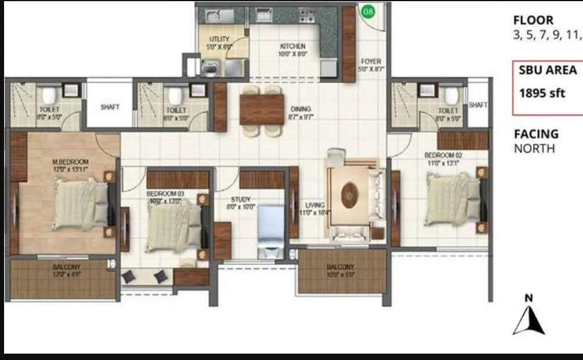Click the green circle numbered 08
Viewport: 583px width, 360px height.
[x=368, y=11]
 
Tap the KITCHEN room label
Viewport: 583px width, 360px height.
[x=292, y=46]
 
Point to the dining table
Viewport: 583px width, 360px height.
[x=262, y=109]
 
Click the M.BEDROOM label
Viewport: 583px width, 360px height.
[x=70, y=161]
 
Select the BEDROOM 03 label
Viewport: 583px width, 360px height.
[x=164, y=193]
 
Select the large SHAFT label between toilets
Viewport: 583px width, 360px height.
[x=110, y=107]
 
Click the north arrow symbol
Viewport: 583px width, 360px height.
[x=528, y=318]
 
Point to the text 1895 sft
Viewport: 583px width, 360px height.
[x=541, y=93]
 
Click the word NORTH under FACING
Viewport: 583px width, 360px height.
[x=534, y=149]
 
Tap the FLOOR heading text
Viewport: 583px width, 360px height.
[x=533, y=20]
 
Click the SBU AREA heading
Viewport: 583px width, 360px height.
[x=548, y=70]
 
